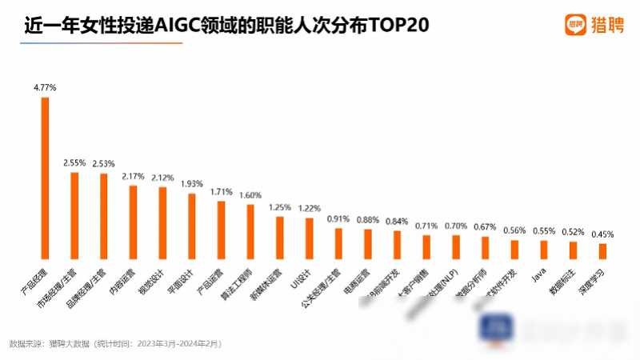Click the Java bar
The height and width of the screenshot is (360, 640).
coord(543,250)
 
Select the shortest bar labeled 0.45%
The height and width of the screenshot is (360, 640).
coord(602,251)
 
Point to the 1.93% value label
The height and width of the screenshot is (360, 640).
coord(192,184)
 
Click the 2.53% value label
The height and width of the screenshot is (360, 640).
coord(104,164)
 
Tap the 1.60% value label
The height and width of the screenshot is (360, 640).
coord(250,194)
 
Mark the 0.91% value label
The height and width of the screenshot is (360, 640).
coord(338,218)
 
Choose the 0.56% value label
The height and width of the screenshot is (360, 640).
coord(514,230)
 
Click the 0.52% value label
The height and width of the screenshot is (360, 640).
coord(573,231)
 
